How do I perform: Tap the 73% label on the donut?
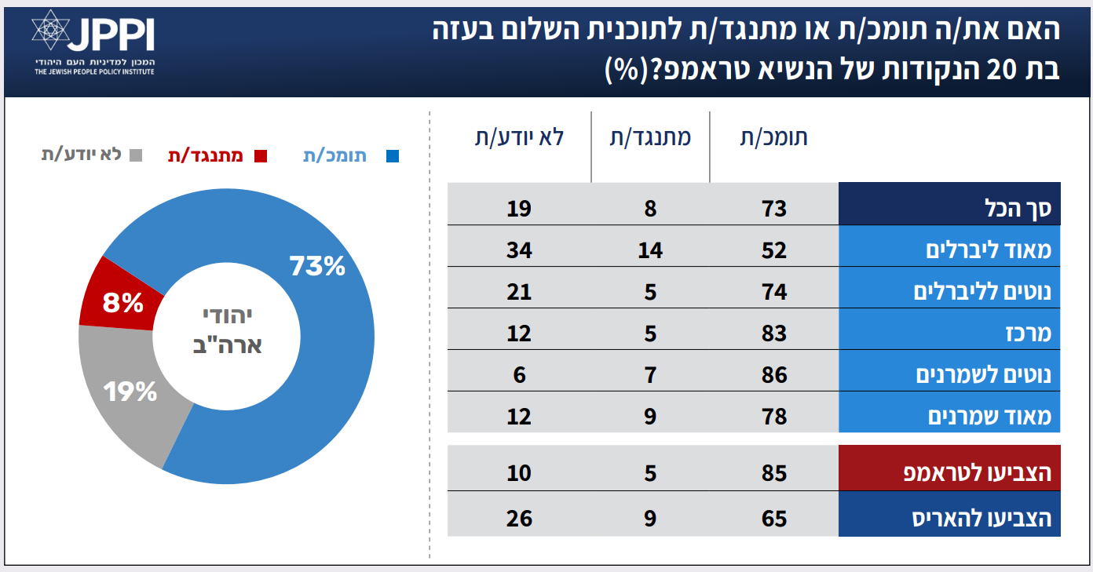[317, 266]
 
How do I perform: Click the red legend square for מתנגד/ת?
[261, 156]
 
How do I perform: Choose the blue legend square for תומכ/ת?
[393, 156]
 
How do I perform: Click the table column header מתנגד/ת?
[651, 137]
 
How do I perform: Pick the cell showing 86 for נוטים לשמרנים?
[773, 375]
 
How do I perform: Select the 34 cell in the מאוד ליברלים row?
[519, 250]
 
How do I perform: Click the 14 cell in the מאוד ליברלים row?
[650, 250]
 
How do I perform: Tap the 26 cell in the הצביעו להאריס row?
[519, 519]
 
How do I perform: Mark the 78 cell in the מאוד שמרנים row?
[773, 416]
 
